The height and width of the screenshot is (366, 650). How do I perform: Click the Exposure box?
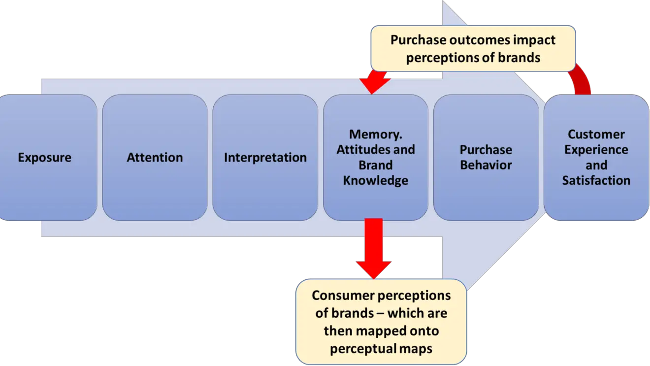(45, 158)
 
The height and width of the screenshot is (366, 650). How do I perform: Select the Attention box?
(155, 158)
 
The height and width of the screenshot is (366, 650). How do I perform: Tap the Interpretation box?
(265, 158)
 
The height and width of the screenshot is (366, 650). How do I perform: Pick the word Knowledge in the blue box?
(375, 180)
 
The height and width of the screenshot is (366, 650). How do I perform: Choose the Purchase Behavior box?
(486, 158)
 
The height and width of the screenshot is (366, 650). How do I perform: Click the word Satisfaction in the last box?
(596, 180)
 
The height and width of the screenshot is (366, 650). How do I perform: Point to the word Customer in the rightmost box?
(596, 134)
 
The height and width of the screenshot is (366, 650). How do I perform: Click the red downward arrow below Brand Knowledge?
(375, 246)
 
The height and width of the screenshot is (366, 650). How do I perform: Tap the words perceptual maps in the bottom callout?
(381, 348)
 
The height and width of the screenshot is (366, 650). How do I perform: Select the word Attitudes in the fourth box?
(361, 149)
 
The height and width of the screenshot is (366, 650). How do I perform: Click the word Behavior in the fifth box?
(486, 165)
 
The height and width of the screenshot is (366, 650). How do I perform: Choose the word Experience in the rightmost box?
(596, 149)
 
